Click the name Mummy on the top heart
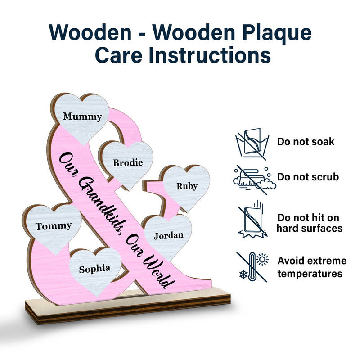pyautogui.click(x=82, y=117)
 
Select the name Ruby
pyautogui.click(x=187, y=186)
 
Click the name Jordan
pyautogui.click(x=169, y=236)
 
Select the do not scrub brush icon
pyautogui.click(x=254, y=180)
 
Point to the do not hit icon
pyautogui.click(x=253, y=220)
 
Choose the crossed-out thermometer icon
pyautogui.click(x=252, y=267)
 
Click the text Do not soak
pyautogui.click(x=306, y=142)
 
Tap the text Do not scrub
pyautogui.click(x=308, y=177)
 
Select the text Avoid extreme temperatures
pyautogui.click(x=312, y=267)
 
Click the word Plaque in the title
pyautogui.click(x=277, y=33)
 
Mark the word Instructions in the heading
pyautogui.click(x=210, y=55)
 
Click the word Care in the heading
pyautogui.click(x=119, y=55)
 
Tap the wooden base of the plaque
pyautogui.click(x=128, y=306)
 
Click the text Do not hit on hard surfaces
pyautogui.click(x=309, y=223)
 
